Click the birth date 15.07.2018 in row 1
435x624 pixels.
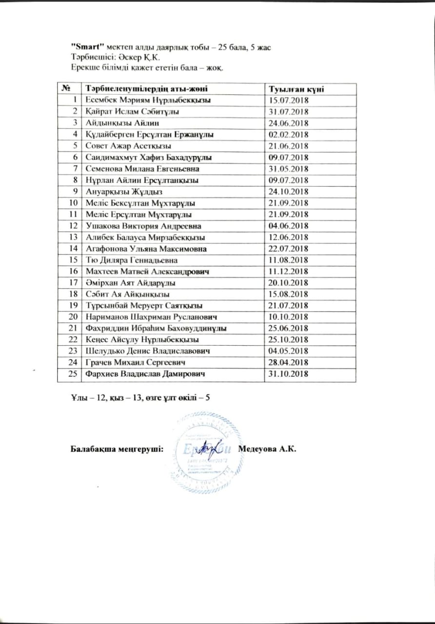(x=289, y=100)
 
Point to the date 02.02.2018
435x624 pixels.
(x=289, y=135)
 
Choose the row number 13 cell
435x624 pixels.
(x=74, y=237)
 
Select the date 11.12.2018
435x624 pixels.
(x=289, y=271)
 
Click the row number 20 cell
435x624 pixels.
(x=74, y=317)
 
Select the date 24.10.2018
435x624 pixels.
(x=289, y=192)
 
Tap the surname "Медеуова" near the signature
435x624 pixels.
(x=258, y=448)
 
